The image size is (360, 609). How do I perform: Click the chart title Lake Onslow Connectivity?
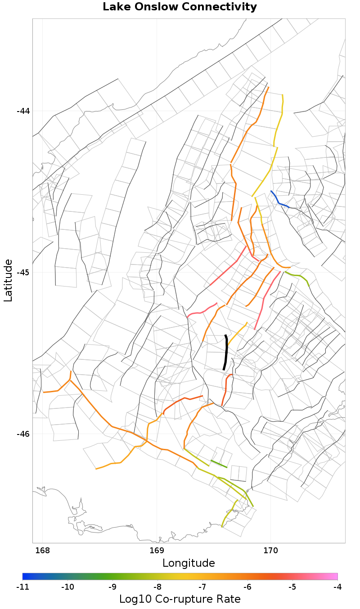pyautogui.click(x=180, y=7)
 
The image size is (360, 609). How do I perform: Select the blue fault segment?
pyautogui.click(x=279, y=200)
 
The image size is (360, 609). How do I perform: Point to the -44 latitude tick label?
pyautogui.click(x=23, y=111)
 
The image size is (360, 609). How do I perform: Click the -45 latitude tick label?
pyautogui.click(x=23, y=273)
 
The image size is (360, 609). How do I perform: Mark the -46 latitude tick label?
pyautogui.click(x=23, y=434)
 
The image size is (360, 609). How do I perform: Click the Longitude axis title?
pyautogui.click(x=189, y=563)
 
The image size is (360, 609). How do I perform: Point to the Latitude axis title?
pyautogui.click(x=8, y=280)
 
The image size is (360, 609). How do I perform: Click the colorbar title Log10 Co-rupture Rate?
pyautogui.click(x=180, y=599)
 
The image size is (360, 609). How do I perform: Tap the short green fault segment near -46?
pyautogui.click(x=219, y=464)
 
